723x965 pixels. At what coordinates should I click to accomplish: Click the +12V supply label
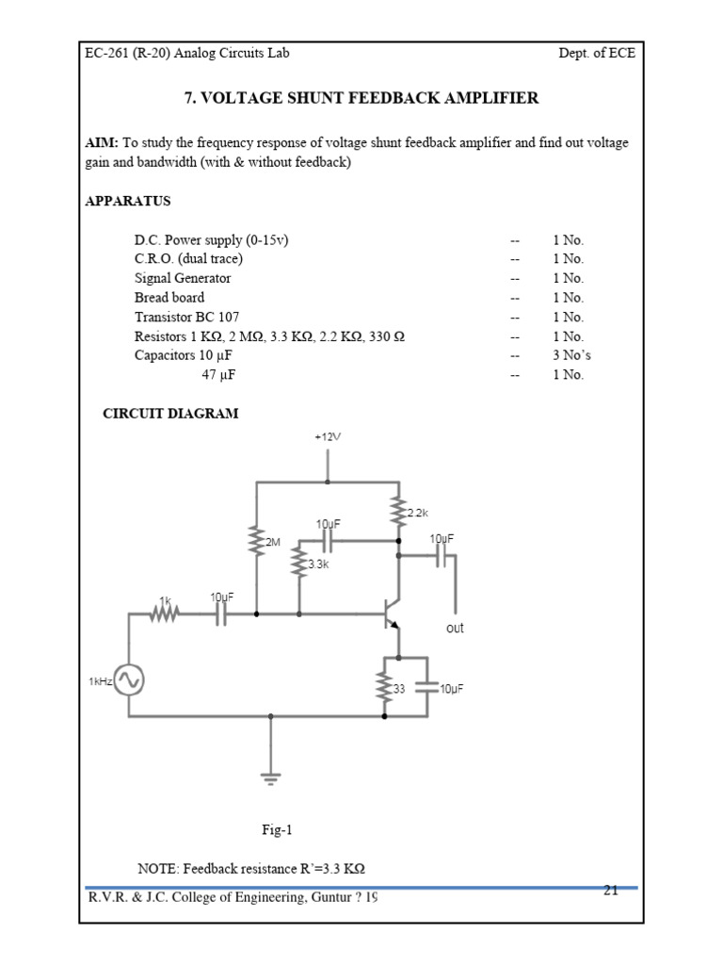pos(328,437)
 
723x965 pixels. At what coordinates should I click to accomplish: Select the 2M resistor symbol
pos(255,542)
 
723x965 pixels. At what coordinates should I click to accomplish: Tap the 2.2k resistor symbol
pos(398,512)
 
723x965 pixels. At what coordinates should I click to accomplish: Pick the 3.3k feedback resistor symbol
pos(298,564)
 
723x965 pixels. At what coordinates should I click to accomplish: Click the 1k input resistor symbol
pos(166,613)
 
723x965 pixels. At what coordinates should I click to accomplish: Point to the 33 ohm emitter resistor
pos(384,687)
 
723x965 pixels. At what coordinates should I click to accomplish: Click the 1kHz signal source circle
pos(129,679)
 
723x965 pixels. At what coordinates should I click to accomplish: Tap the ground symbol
pos(271,777)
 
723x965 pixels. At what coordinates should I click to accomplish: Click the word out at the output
pos(455,628)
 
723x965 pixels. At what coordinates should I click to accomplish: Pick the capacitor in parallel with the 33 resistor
pos(426,687)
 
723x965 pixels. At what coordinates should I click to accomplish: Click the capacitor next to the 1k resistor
pos(220,613)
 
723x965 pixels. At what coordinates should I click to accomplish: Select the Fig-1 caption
pos(278,830)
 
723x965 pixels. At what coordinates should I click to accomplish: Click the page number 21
pos(610,890)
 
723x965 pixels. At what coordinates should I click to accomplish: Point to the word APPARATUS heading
pos(127,201)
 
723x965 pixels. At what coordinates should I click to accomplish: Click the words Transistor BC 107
pos(181,317)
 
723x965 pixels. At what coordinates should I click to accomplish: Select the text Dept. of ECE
pos(597,53)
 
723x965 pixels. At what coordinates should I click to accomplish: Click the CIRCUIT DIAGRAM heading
pos(169,413)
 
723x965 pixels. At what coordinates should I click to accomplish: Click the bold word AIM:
pos(102,142)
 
